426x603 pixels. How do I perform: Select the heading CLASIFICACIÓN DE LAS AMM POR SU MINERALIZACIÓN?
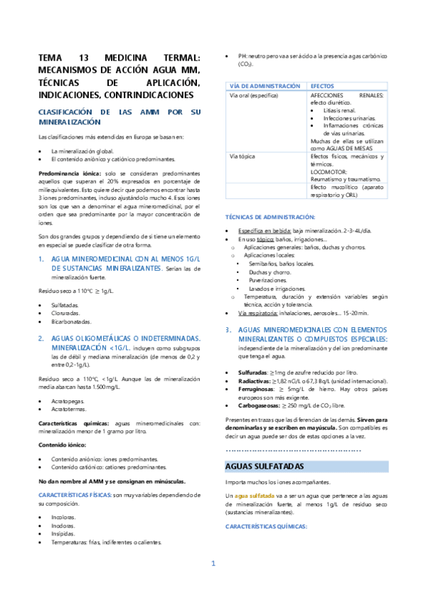coord(119,117)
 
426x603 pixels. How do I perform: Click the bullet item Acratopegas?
coord(67,401)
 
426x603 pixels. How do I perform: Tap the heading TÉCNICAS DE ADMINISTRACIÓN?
coord(270,216)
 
